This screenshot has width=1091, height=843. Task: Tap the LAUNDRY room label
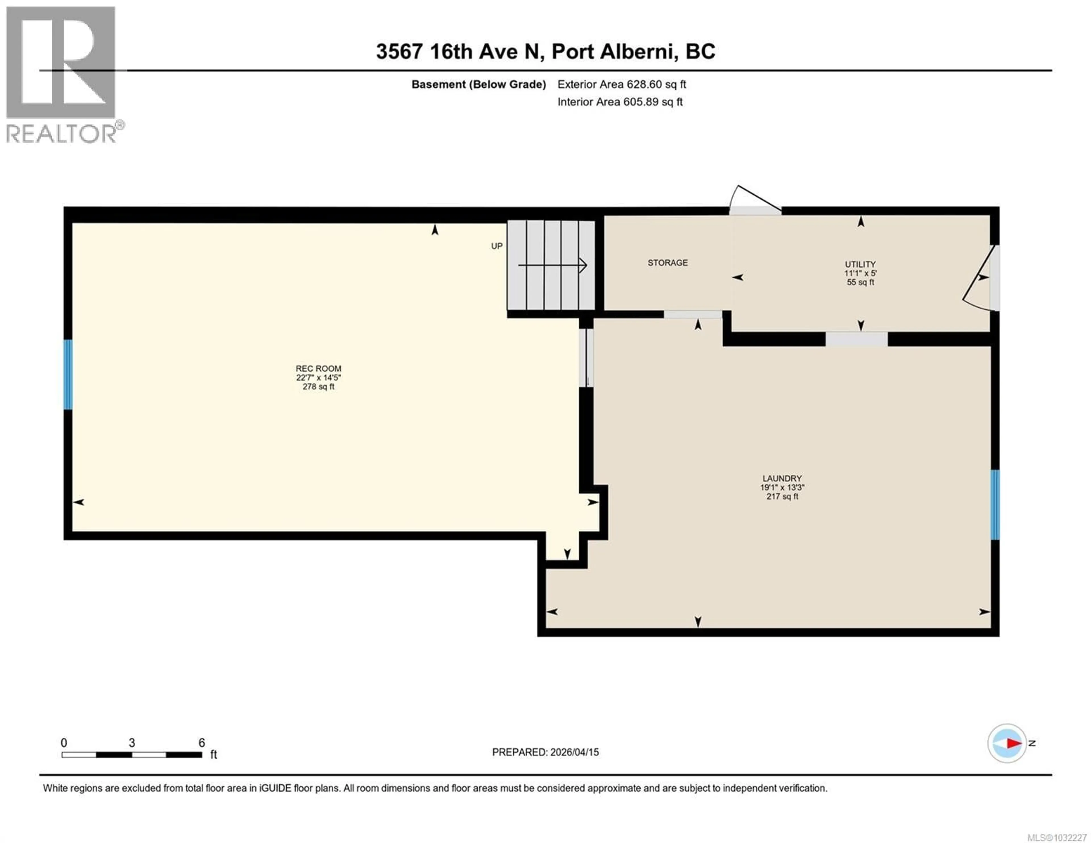782,478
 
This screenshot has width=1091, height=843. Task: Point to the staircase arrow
552,265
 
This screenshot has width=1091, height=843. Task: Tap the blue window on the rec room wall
68,375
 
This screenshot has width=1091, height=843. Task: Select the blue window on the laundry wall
995,505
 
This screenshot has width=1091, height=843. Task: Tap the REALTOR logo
63,75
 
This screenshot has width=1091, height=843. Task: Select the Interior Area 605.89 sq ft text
620,102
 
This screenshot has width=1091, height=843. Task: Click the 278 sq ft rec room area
318,387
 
